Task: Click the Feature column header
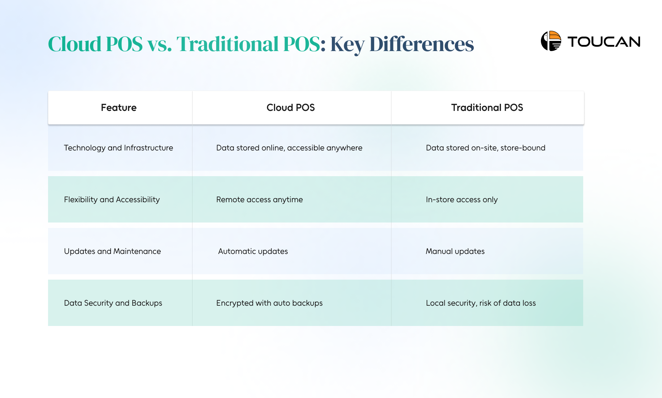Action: click(119, 108)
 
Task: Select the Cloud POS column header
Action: click(291, 108)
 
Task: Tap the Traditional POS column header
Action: click(487, 108)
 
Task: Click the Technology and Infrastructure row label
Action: click(118, 148)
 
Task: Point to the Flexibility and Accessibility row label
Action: click(112, 200)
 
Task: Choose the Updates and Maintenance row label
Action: click(112, 251)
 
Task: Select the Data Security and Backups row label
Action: click(113, 303)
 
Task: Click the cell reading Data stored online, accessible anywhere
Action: click(289, 148)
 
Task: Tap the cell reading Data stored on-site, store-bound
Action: click(485, 148)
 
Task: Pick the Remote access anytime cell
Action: click(259, 200)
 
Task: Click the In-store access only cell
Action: click(462, 200)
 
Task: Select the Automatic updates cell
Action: click(253, 251)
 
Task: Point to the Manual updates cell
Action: click(455, 251)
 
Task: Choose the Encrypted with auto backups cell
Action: click(269, 303)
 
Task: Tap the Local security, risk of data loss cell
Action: click(481, 303)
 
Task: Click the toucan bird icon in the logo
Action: click(551, 41)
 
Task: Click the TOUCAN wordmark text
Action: click(604, 42)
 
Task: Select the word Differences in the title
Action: click(421, 44)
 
